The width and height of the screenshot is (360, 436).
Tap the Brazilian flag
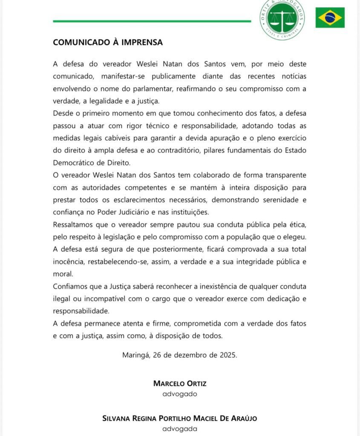pyautogui.click(x=330, y=17)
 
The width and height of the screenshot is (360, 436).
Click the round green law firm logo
pyautogui.click(x=282, y=19)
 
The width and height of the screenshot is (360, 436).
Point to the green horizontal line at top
pyautogui.click(x=152, y=21)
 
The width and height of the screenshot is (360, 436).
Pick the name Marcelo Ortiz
pyautogui.click(x=180, y=383)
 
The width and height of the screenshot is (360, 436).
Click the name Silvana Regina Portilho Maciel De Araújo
pyautogui.click(x=180, y=418)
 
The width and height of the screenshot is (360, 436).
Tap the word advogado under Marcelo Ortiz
pyautogui.click(x=180, y=394)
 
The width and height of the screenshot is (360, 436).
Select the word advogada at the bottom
pyautogui.click(x=180, y=429)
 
